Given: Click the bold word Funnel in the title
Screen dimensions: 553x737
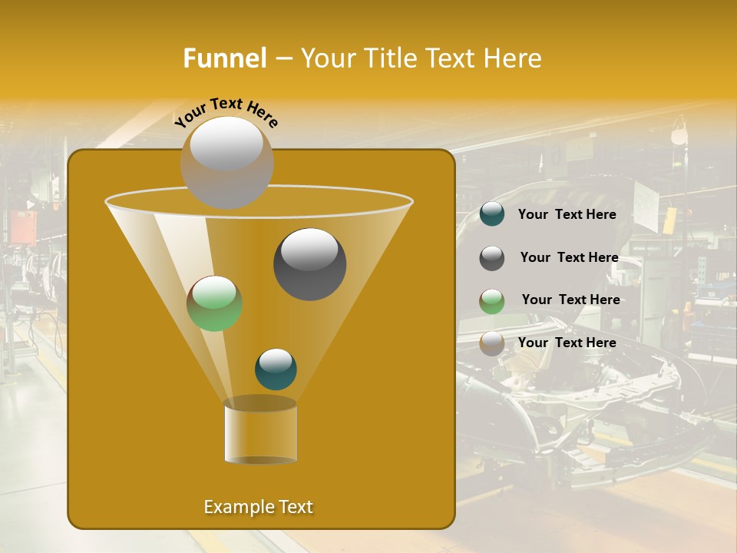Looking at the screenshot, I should pos(224,58).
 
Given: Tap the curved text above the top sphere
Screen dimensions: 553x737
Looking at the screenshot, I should pos(226,112).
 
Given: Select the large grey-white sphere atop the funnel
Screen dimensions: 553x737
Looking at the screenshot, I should pos(226,162).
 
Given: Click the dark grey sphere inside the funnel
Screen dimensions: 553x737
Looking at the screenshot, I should pos(309,263).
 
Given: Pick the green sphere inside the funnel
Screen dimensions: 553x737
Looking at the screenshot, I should pos(215,303).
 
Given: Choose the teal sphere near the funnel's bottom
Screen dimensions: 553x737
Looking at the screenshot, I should pos(276,369).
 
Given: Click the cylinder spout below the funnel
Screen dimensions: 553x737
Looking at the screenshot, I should pos(260,430).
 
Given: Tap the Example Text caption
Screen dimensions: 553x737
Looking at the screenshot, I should pos(258,507).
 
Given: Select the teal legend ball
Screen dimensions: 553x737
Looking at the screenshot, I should pos(492,214).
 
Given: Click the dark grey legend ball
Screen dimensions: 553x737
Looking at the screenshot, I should pos(492,258).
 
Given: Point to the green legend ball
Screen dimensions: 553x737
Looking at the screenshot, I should pos(492,301).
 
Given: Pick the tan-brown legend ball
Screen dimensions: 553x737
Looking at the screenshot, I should pos(492,343).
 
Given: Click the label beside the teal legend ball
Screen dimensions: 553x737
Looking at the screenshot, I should pos(567,214).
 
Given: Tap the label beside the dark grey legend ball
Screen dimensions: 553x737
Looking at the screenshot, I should pos(569,257).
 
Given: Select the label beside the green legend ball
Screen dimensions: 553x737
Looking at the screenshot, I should pos(570,300).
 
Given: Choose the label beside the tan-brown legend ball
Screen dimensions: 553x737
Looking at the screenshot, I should pos(567,343).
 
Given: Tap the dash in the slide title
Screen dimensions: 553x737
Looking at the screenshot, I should pos(283,59).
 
